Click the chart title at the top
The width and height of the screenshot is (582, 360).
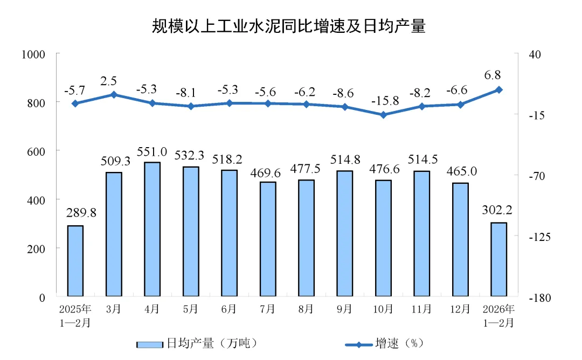click(288, 26)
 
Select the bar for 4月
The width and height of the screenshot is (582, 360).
click(153, 230)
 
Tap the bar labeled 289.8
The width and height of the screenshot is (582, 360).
click(75, 261)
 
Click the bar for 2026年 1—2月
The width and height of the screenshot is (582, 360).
click(499, 260)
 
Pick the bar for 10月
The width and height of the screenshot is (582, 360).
click(383, 238)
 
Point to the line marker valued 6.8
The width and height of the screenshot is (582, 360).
click(499, 89)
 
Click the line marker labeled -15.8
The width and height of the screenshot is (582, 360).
click(383, 115)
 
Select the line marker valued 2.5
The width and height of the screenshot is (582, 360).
click(114, 94)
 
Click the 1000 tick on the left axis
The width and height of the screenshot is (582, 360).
click(33, 54)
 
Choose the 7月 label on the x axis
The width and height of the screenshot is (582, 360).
click(268, 310)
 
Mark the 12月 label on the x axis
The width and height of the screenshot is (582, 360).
click(460, 310)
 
